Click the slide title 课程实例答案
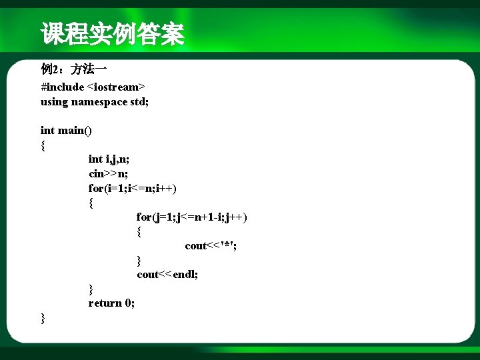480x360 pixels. [x=112, y=34]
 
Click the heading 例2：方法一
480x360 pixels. [x=74, y=69]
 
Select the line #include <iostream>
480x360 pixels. [x=93, y=87]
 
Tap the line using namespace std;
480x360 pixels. [x=95, y=101]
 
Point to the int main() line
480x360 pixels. [x=66, y=130]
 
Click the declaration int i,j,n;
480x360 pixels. [x=109, y=159]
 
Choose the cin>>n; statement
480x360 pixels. [x=109, y=173]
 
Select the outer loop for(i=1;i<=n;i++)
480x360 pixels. [x=132, y=188]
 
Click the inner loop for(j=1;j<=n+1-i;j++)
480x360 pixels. [x=192, y=217]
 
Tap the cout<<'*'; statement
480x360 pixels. [x=211, y=245]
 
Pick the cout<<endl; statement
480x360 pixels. [x=167, y=274]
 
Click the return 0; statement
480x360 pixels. [x=111, y=303]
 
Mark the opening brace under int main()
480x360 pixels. [x=43, y=145]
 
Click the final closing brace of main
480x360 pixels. [x=43, y=318]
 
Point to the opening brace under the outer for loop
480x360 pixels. [x=91, y=203]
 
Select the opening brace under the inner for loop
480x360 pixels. [x=139, y=231]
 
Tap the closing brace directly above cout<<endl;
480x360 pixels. [x=139, y=260]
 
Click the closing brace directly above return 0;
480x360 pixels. [x=91, y=289]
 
